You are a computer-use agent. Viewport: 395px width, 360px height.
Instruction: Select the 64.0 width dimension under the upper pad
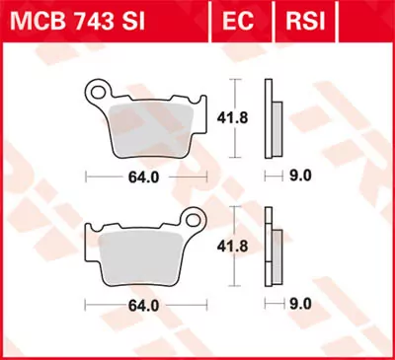pos(144,178)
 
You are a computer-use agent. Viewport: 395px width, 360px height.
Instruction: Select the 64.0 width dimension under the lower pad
pos(144,306)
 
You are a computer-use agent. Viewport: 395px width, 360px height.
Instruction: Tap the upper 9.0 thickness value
pos(299,178)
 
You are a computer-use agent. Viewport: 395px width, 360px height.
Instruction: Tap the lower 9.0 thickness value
pos(299,306)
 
